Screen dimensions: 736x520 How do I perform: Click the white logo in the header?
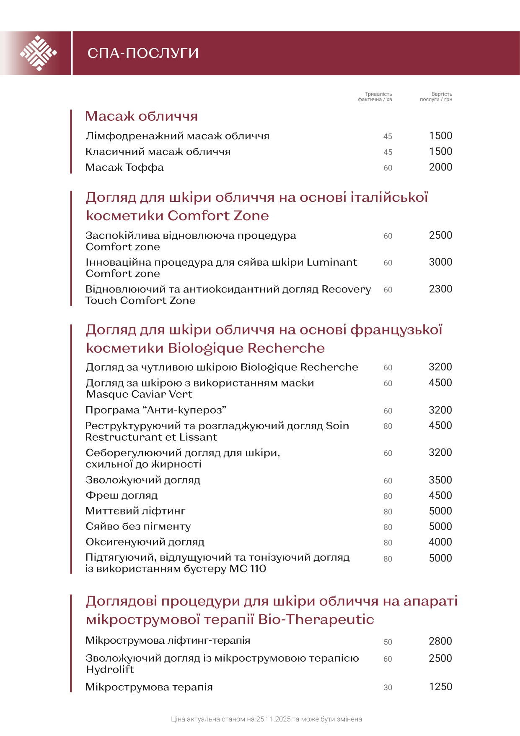click(x=38, y=53)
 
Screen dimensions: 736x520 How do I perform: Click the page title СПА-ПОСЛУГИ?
click(x=143, y=53)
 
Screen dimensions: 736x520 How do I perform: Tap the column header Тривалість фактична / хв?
click(x=375, y=97)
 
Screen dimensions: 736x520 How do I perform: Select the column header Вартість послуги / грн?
click(x=436, y=97)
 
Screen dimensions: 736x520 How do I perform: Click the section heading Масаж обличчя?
click(x=141, y=116)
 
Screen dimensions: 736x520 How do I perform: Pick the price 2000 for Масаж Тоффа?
click(x=440, y=167)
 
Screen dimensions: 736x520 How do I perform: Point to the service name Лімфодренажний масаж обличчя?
click(x=177, y=136)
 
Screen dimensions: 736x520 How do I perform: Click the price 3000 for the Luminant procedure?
click(x=440, y=262)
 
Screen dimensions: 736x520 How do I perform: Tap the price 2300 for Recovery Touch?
click(x=440, y=289)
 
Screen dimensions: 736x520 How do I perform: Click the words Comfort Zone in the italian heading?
click(x=218, y=216)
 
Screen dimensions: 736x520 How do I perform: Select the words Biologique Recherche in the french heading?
click(x=246, y=348)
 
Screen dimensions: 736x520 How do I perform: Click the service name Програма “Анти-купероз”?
click(x=156, y=410)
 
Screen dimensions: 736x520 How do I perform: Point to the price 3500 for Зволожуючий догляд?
click(x=440, y=480)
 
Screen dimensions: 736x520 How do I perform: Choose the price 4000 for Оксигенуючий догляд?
click(x=440, y=542)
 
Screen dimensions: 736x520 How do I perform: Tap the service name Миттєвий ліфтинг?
click(x=135, y=511)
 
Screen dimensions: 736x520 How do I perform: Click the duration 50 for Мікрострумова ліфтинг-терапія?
click(x=388, y=642)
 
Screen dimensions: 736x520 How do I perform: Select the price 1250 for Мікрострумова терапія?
click(x=440, y=687)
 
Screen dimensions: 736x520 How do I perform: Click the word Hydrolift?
click(x=110, y=670)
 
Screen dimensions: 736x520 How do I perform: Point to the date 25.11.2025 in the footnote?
click(x=274, y=719)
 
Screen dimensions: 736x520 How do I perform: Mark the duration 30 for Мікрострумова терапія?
click(x=388, y=688)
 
